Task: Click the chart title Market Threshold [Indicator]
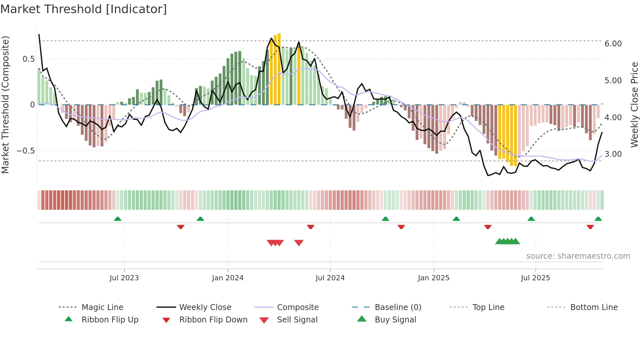point(84,9)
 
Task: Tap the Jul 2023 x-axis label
point(124,278)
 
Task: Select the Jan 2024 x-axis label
point(228,278)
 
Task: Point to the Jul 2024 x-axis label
point(330,278)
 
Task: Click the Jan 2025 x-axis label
point(433,278)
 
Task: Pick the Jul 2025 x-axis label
point(535,278)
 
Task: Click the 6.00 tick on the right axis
point(613,44)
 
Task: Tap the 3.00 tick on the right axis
point(613,154)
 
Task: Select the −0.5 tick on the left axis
point(25,151)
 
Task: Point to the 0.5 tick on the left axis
point(28,59)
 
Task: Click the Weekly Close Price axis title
point(634,105)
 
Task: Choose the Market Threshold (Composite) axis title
point(5,105)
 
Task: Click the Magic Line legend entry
point(102,307)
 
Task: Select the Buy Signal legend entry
point(395,320)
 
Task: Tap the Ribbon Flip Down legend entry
point(213,320)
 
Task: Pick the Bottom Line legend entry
point(594,307)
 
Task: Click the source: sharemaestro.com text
point(578,256)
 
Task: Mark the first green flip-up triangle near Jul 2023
point(118,219)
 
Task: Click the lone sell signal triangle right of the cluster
point(299,243)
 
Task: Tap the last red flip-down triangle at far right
point(590,227)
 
